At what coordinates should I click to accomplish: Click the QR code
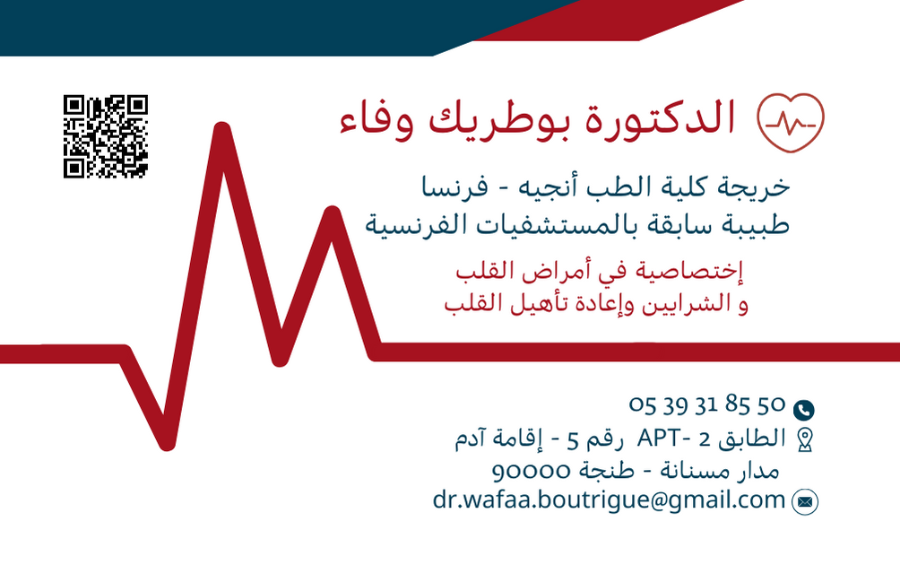pos(105,136)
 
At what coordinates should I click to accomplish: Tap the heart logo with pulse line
pos(790,123)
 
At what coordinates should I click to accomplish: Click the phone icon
pos(804,410)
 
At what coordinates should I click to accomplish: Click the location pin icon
pos(804,439)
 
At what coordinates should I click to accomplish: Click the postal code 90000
pos(532,470)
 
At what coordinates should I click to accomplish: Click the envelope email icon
pos(805,502)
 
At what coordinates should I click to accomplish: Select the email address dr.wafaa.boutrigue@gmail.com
pos(609,499)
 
